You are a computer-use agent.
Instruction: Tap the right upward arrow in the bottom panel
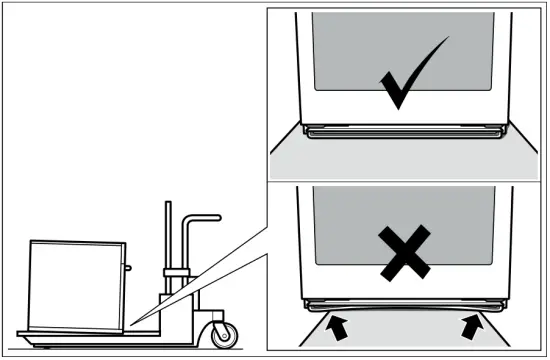tap(470, 324)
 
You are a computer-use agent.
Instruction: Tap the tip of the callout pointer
tap(130, 323)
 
